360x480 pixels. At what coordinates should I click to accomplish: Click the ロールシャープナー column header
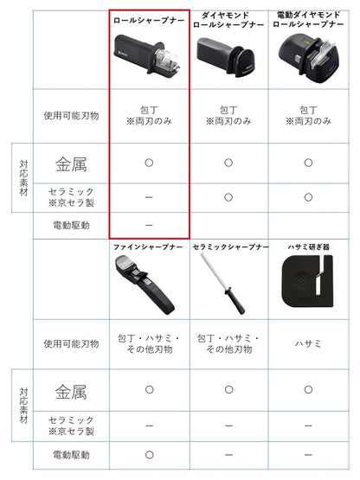pyautogui.click(x=148, y=18)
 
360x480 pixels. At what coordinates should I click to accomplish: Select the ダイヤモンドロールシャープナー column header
pyautogui.click(x=228, y=20)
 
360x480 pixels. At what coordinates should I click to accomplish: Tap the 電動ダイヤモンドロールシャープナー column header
pyautogui.click(x=308, y=20)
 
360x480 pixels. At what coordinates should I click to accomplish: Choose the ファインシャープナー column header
pyautogui.click(x=148, y=247)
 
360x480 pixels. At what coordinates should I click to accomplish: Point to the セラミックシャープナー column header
pyautogui.click(x=228, y=247)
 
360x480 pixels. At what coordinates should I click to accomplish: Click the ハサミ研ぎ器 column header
pyautogui.click(x=308, y=247)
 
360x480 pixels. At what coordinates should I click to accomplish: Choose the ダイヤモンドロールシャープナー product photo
pyautogui.click(x=228, y=57)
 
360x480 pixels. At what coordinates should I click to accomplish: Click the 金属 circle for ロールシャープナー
pyautogui.click(x=148, y=162)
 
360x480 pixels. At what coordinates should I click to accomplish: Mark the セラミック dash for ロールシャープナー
pyautogui.click(x=148, y=196)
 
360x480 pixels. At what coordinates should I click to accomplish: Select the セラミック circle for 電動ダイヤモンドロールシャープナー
pyautogui.click(x=308, y=196)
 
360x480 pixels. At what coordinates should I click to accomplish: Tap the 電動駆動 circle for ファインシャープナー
pyautogui.click(x=148, y=454)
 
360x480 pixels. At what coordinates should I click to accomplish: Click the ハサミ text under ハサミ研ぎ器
pyautogui.click(x=308, y=342)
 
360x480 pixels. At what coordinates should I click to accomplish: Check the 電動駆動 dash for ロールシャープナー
pyautogui.click(x=148, y=225)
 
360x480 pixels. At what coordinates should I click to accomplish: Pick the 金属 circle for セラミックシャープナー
pyautogui.click(x=228, y=391)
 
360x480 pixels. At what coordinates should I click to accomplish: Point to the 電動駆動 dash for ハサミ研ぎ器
pyautogui.click(x=308, y=454)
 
